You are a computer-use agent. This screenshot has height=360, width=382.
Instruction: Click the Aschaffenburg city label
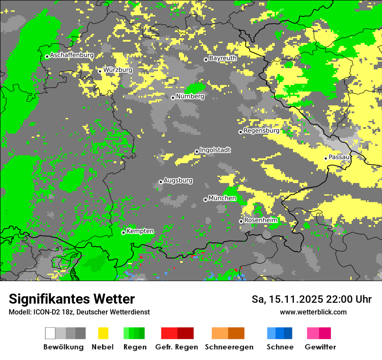point(72,56)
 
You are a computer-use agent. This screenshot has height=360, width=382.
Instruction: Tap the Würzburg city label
point(118,70)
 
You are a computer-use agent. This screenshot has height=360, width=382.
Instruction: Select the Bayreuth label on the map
point(223,58)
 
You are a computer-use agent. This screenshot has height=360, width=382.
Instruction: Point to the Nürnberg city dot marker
point(173,98)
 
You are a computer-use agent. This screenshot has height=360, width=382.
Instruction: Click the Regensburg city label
point(261,131)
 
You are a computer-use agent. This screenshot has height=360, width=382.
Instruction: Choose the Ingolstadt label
point(215,150)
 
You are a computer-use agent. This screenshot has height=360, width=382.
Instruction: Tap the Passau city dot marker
point(326,158)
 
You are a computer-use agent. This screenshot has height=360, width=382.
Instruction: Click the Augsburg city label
point(178,180)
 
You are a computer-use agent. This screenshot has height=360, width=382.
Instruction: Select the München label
point(222,198)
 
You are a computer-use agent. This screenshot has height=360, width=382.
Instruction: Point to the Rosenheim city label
point(260,220)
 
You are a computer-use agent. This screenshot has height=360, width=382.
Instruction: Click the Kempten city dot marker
point(123,233)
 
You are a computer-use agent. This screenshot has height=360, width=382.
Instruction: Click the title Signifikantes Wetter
point(72,299)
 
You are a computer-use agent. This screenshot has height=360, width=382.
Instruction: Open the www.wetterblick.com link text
point(313,312)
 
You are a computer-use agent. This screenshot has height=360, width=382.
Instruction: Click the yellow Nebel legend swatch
point(103,333)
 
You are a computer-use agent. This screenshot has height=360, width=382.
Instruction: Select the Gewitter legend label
point(320,347)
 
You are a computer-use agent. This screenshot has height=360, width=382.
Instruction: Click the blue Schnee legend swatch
point(280,333)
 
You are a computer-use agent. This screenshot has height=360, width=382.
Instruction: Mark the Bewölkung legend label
point(63,347)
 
